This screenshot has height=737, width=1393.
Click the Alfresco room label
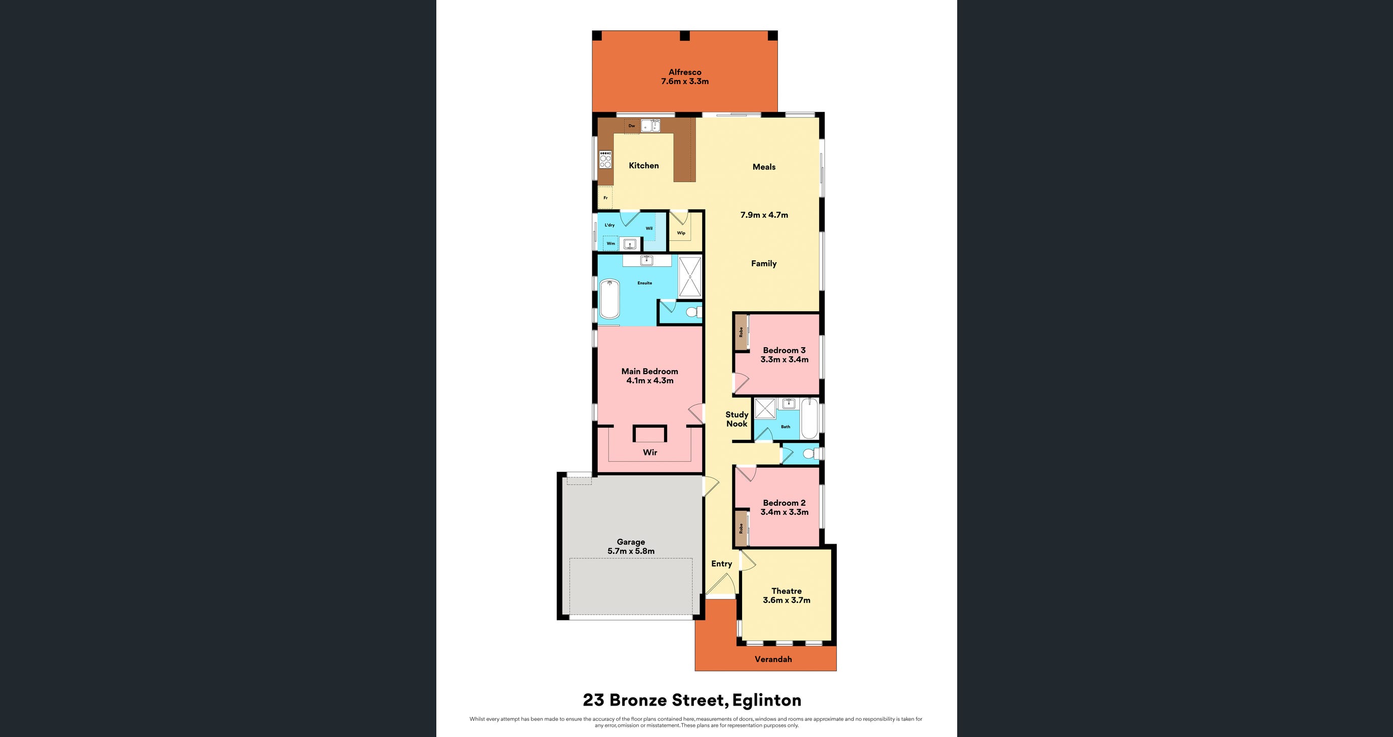tap(684, 72)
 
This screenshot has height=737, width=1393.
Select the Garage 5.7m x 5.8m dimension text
tap(631, 551)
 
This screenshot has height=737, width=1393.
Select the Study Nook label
tap(736, 419)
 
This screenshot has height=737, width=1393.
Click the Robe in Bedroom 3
tap(741, 333)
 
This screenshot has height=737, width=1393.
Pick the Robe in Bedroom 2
tap(741, 528)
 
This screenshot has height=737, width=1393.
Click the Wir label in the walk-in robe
tap(649, 452)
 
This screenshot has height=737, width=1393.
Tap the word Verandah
tap(773, 659)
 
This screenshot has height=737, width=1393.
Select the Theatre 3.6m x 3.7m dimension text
tap(786, 600)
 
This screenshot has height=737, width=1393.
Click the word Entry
tap(721, 563)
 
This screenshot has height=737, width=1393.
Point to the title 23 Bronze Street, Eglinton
tap(692, 700)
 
